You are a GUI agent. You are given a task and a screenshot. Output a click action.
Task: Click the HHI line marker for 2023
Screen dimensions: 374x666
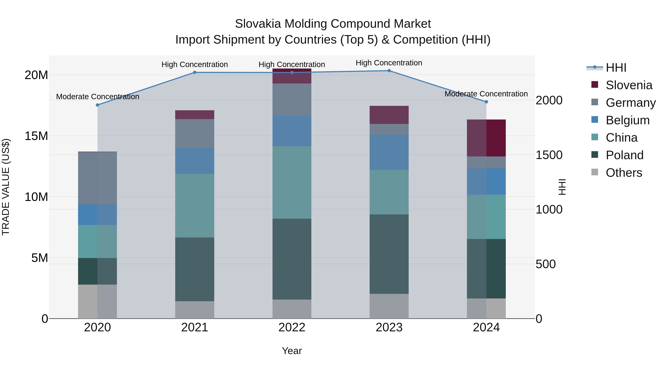coord(389,71)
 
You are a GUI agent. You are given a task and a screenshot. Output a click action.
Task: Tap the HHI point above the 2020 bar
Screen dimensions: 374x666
coord(97,105)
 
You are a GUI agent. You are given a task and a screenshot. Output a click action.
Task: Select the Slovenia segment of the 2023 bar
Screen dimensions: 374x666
coord(389,115)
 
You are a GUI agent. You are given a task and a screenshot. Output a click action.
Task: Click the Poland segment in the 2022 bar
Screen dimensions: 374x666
coord(292,259)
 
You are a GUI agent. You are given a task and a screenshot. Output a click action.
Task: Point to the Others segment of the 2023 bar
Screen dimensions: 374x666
coord(389,306)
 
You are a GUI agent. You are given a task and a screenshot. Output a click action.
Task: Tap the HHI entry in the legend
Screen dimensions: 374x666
coord(616,68)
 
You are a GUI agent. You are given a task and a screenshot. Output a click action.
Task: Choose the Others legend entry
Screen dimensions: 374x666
coord(624,173)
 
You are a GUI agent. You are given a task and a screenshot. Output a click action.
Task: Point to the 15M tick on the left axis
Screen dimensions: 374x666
coord(36,136)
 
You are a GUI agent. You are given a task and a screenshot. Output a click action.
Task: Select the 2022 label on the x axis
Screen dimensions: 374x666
coord(292,327)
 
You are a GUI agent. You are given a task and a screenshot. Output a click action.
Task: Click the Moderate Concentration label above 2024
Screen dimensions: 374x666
coord(486,94)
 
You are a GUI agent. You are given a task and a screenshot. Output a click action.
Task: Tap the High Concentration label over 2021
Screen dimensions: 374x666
coord(195,64)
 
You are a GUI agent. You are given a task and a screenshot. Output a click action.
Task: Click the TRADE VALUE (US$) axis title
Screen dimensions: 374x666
coord(6,187)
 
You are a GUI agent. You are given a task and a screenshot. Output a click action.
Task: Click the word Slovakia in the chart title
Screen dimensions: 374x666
coord(258,24)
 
